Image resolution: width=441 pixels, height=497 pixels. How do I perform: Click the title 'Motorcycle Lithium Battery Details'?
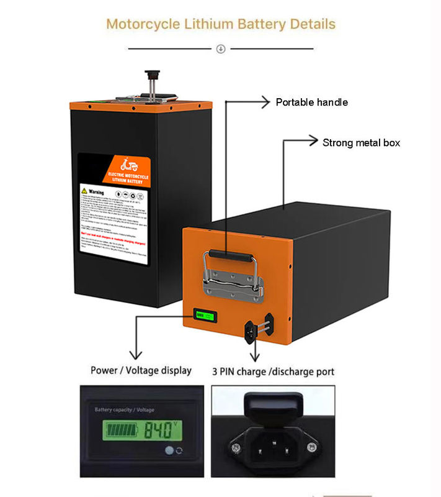point(221,24)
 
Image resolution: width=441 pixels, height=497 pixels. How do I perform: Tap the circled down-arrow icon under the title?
point(221,49)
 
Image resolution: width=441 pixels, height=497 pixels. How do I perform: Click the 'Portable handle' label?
point(311,103)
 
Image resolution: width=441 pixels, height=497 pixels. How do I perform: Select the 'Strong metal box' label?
point(361,143)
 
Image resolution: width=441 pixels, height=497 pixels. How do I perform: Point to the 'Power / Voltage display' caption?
point(141,370)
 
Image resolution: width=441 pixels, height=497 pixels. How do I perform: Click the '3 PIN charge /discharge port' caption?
point(274,372)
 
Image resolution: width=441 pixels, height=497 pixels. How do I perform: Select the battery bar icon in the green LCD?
point(123,429)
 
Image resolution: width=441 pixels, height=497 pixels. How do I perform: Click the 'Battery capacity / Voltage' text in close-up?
point(125,410)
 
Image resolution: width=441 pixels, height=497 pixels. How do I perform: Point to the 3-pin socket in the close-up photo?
point(272,444)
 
